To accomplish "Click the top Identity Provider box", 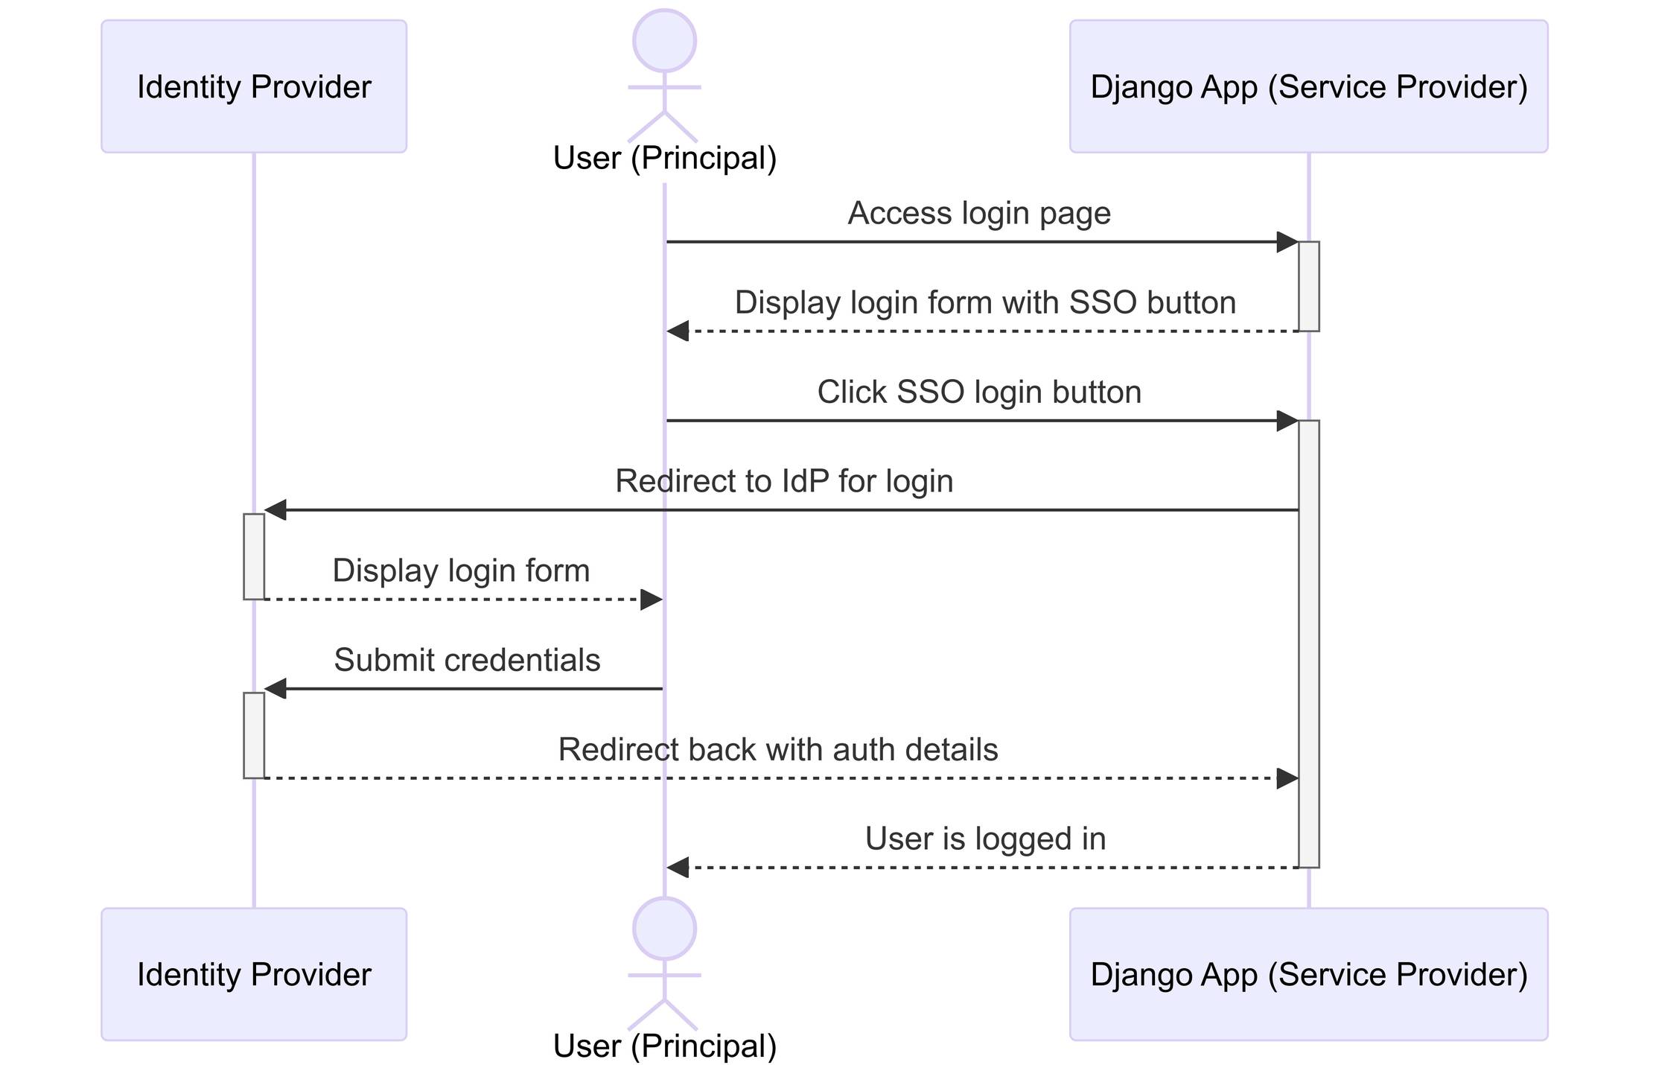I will tap(254, 86).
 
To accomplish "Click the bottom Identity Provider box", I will tap(254, 974).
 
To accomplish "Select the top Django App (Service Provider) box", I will tap(1308, 86).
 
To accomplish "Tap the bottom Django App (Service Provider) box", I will tap(1308, 974).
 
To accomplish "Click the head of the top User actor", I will tap(664, 41).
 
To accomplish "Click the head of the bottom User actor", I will tap(664, 929).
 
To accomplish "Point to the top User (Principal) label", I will tap(664, 158).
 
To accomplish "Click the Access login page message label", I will tap(978, 213).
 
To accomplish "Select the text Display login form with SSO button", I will tap(984, 302).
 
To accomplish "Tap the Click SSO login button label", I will tap(978, 392).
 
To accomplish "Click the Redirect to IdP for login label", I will tap(783, 481).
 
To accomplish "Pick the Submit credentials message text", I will tap(467, 660).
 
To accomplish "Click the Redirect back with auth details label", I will tap(777, 749).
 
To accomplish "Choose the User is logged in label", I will tap(984, 839).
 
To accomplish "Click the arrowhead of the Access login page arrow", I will tap(1287, 242).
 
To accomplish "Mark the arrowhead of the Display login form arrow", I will tap(652, 600).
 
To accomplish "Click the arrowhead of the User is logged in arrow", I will tap(678, 868).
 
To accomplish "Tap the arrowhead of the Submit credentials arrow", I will tap(275, 689).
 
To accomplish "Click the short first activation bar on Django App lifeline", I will tap(1308, 286).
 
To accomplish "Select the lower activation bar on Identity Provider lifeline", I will tap(254, 735).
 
